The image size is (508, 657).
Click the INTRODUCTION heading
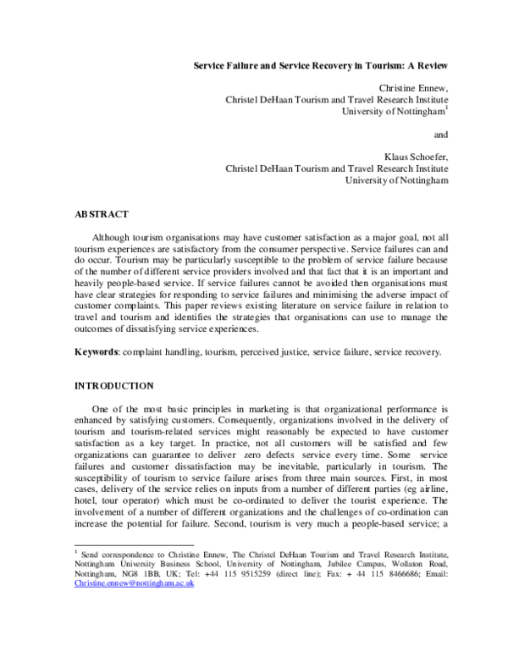point(115,386)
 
